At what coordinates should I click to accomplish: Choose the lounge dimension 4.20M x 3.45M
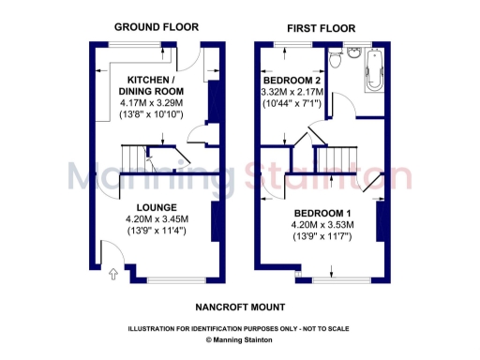pyautogui.click(x=157, y=219)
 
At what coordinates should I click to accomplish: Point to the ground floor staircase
pyautogui.click(x=138, y=159)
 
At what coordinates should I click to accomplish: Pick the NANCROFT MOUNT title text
pyautogui.click(x=240, y=307)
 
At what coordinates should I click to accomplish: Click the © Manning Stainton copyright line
pyautogui.click(x=240, y=340)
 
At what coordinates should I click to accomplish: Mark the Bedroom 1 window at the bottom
pyautogui.click(x=339, y=280)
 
